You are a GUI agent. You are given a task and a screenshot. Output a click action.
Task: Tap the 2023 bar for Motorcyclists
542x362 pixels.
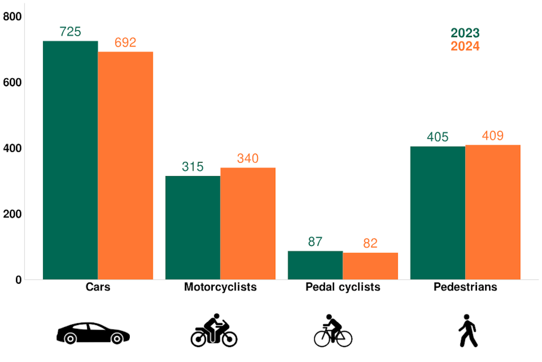pyautogui.click(x=193, y=228)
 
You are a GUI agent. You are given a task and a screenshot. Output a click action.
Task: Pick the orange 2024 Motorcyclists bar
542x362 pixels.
pyautogui.click(x=248, y=224)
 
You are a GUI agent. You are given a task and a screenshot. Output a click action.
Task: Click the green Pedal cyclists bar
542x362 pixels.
pyautogui.click(x=315, y=265)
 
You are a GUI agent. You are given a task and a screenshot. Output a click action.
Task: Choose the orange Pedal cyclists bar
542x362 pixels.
pyautogui.click(x=370, y=266)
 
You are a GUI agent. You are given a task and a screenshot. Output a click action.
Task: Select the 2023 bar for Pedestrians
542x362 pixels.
pyautogui.click(x=438, y=213)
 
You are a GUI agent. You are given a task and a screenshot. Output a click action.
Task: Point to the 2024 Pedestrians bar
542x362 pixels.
pyautogui.click(x=493, y=212)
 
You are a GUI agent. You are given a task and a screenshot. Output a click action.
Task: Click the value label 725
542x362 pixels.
pyautogui.click(x=70, y=32)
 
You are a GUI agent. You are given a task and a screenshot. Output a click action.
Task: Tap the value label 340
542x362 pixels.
pyautogui.click(x=248, y=158)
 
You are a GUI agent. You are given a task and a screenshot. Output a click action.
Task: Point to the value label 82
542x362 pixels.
pyautogui.click(x=370, y=243)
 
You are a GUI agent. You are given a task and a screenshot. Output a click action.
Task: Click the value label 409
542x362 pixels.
pyautogui.click(x=493, y=136)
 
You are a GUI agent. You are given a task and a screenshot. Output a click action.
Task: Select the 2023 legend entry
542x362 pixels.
pyautogui.click(x=465, y=33)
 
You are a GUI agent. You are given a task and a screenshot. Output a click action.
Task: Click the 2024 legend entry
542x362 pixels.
pyautogui.click(x=465, y=46)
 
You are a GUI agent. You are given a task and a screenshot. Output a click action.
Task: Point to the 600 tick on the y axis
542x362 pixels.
pyautogui.click(x=12, y=82)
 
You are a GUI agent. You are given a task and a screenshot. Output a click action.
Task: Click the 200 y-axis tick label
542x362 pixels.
pyautogui.click(x=12, y=214)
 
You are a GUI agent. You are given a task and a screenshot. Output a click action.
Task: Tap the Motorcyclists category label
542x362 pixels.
pyautogui.click(x=220, y=287)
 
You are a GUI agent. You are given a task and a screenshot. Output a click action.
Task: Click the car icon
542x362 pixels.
pyautogui.click(x=93, y=333)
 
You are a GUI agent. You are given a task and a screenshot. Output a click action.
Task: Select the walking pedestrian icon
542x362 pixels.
pyautogui.click(x=468, y=331)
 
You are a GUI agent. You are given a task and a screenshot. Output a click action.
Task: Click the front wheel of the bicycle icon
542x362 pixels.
pyautogui.click(x=345, y=339)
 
